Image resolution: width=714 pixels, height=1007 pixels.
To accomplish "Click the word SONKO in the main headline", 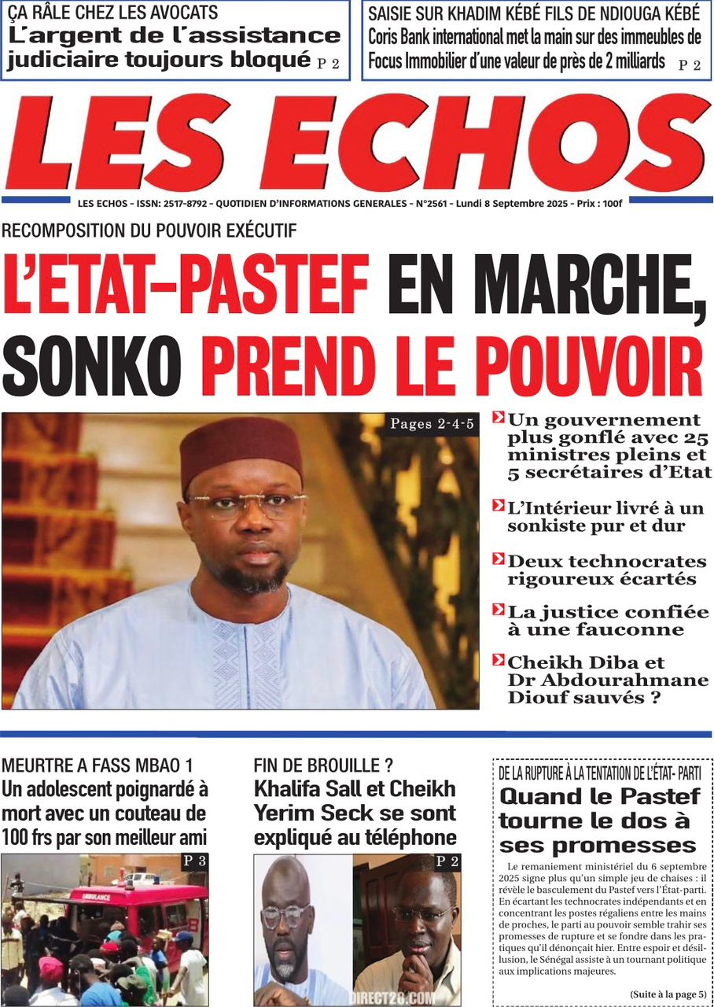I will click(92, 368).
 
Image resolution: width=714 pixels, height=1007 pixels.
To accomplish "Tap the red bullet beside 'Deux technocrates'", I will click(498, 559).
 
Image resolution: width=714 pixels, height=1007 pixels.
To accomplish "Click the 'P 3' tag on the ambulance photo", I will click(194, 861).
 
